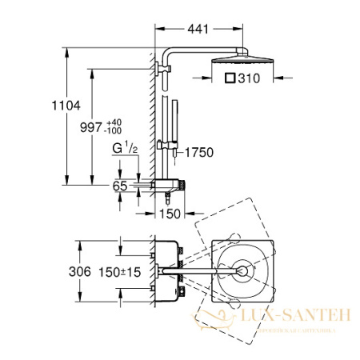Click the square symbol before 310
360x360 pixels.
pos(230,79)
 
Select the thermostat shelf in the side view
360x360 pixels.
pos(172,185)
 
